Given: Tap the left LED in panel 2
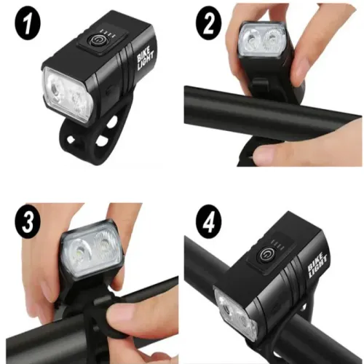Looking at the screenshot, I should [x=253, y=37].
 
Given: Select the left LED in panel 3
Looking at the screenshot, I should [x=80, y=251].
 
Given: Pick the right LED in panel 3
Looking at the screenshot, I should [x=107, y=251].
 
